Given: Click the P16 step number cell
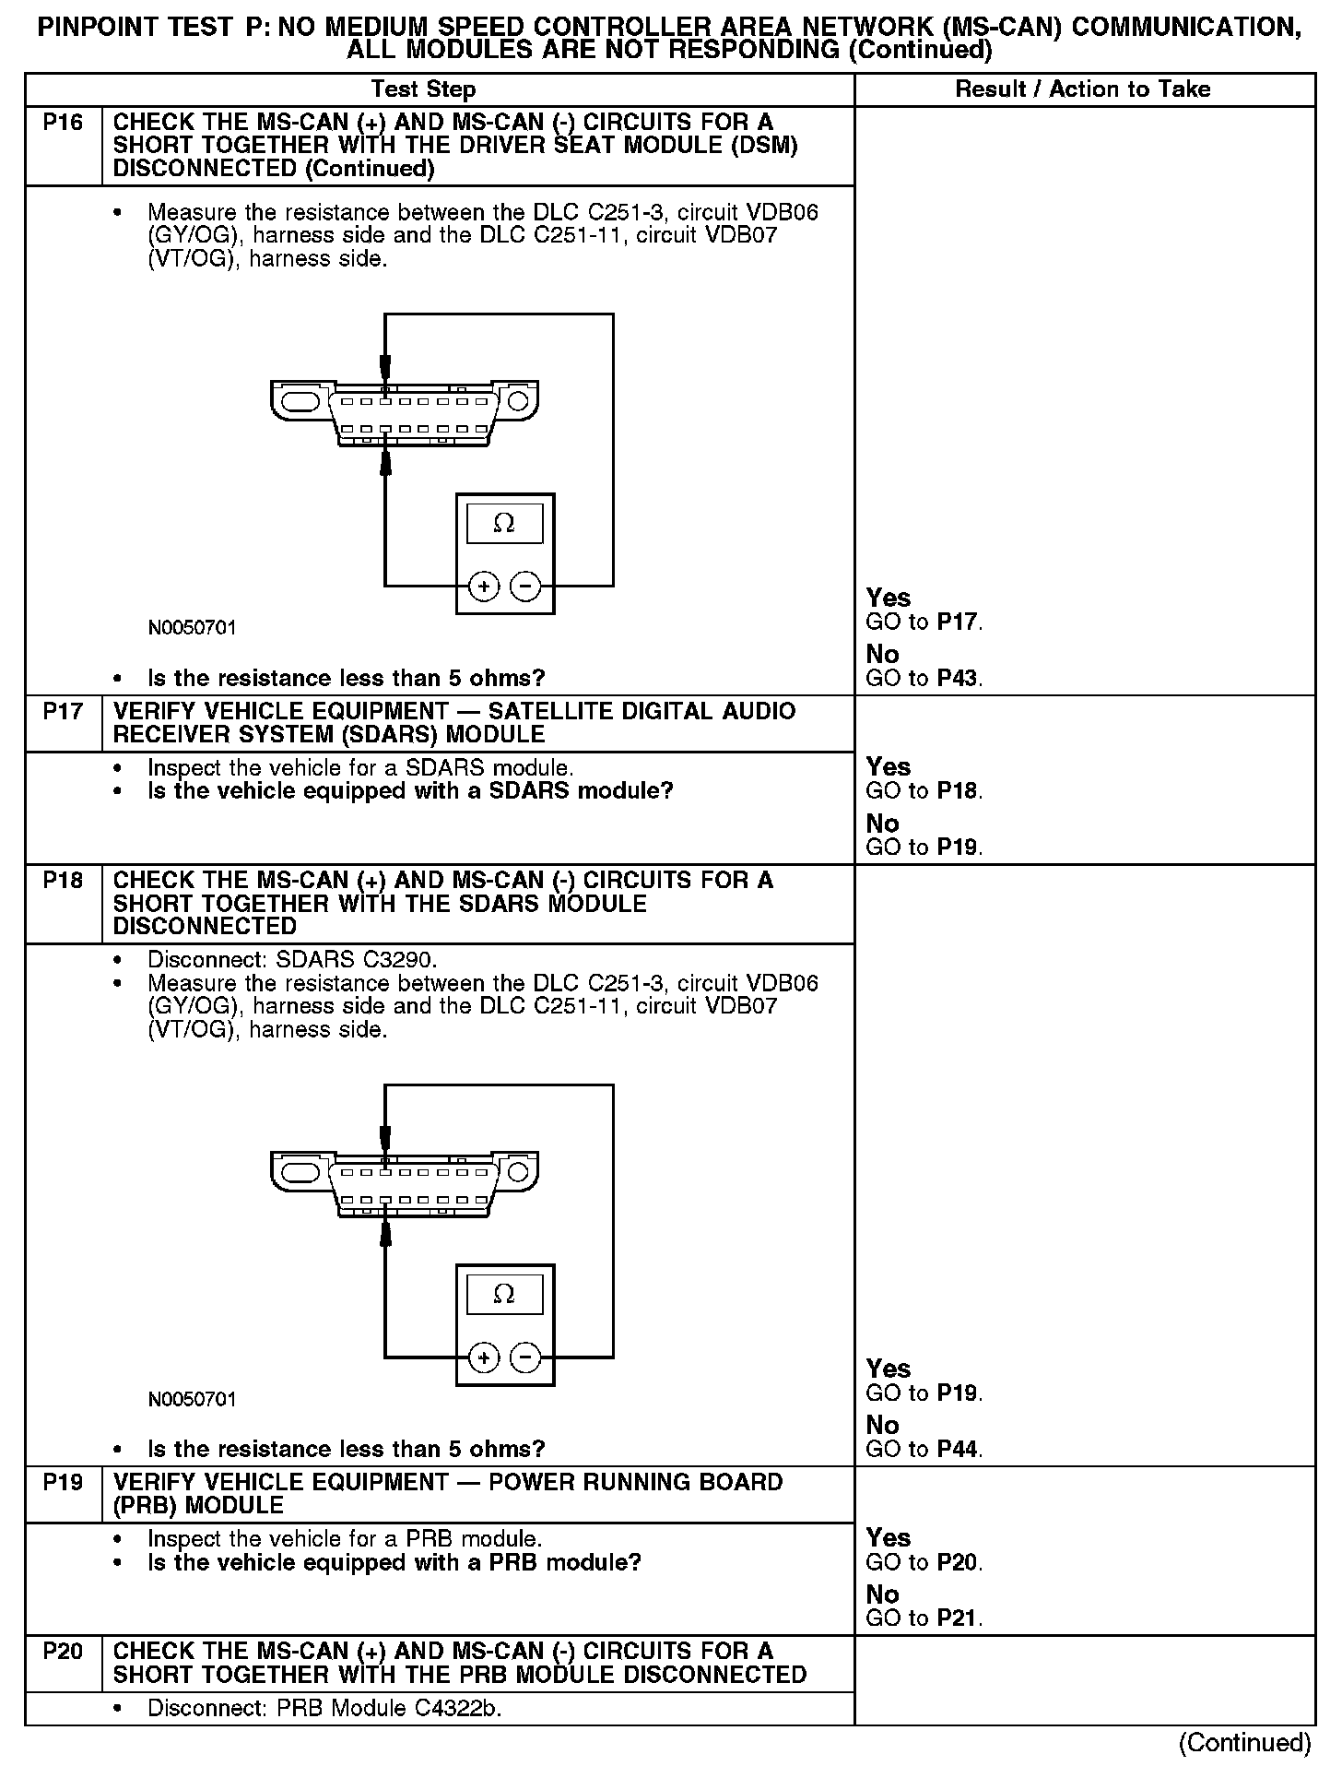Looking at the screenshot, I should [x=63, y=123].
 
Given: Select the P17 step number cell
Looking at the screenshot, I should [x=63, y=711].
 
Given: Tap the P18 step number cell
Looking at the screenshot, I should [x=63, y=881].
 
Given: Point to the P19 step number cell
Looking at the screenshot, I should [x=63, y=1482].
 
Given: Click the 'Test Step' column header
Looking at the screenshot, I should [x=423, y=89].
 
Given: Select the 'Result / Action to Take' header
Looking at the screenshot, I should [x=1083, y=89].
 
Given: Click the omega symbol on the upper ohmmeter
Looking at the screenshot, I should [x=504, y=524].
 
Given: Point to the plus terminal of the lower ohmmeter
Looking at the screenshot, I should [x=484, y=1357].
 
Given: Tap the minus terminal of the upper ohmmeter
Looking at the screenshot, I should [x=525, y=586].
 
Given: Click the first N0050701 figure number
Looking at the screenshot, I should [x=192, y=628].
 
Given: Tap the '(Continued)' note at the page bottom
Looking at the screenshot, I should [x=1244, y=1743].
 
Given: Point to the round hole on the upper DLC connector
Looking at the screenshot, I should [x=519, y=401].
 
